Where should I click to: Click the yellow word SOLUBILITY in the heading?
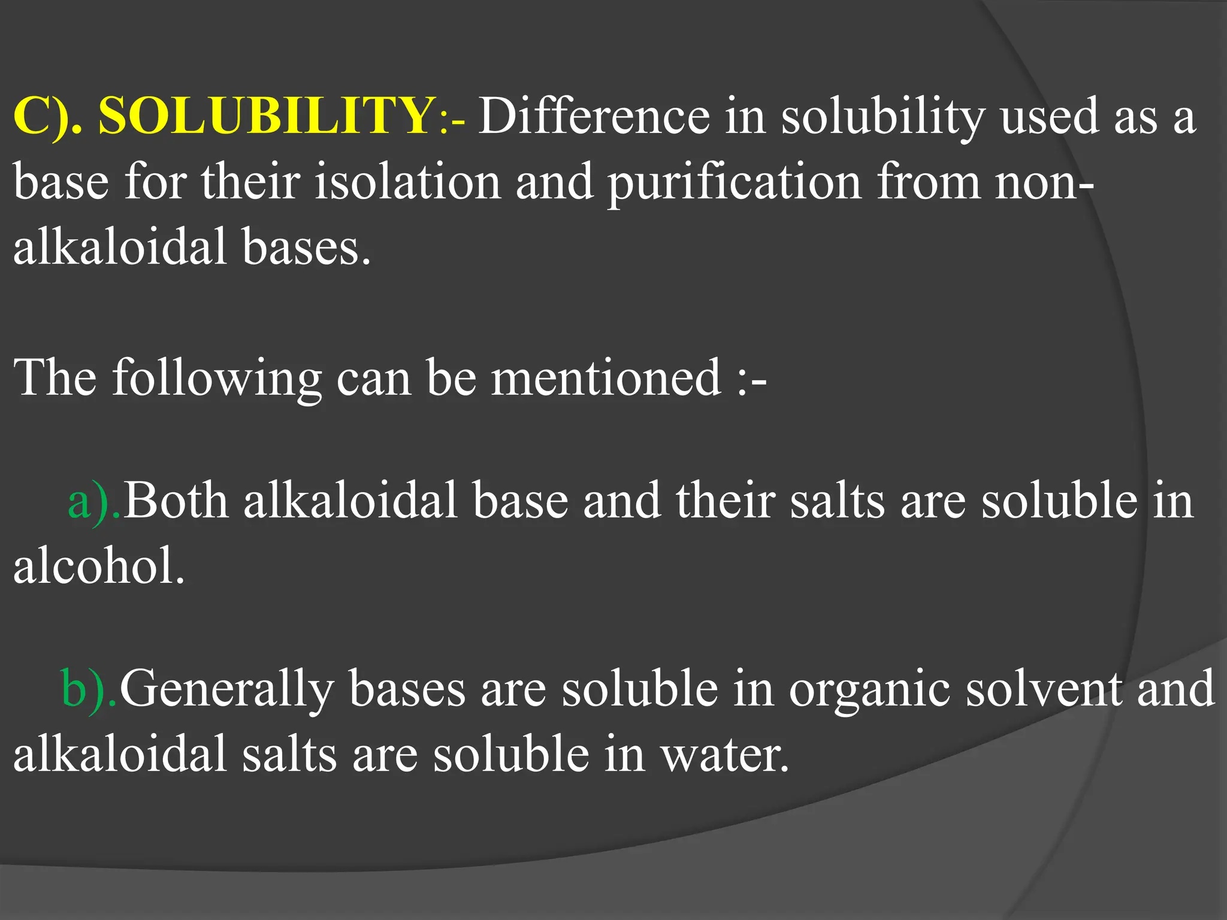point(264,115)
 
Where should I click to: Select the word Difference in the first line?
point(593,115)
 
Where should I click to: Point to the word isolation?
point(407,181)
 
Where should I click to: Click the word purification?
point(734,181)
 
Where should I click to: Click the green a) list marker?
point(93,501)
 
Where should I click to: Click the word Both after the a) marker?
point(176,501)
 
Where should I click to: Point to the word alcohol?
point(99,566)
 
